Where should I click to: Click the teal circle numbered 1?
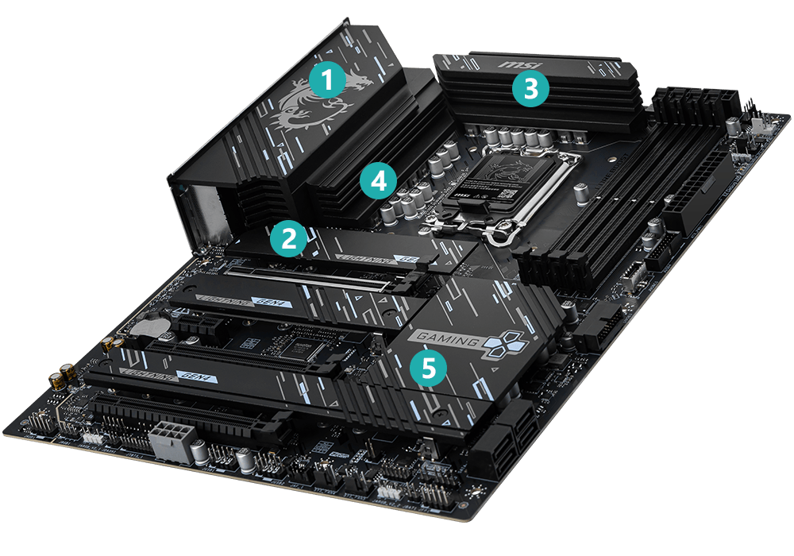(x=328, y=80)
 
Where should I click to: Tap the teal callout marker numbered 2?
(x=287, y=239)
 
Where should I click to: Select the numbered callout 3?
(x=530, y=89)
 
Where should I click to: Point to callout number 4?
(x=378, y=181)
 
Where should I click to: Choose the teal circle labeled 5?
(x=428, y=366)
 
